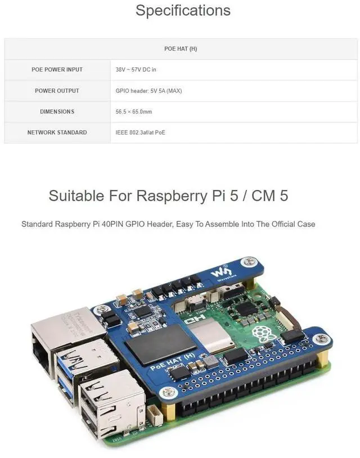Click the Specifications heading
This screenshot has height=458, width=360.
coord(183,11)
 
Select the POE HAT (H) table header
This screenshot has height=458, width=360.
coord(181,49)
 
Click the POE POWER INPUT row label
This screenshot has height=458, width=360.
coord(57,70)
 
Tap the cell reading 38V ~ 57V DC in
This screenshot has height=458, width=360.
coord(136,70)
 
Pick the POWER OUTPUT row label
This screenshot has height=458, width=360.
coord(57,90)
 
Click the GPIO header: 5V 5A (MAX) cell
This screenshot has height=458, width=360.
coord(148,90)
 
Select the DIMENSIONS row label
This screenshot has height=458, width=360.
coord(57,112)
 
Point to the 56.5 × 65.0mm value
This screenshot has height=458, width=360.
coord(134,112)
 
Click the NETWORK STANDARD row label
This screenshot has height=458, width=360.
coord(57,133)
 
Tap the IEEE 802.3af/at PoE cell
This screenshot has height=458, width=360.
coord(141,133)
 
